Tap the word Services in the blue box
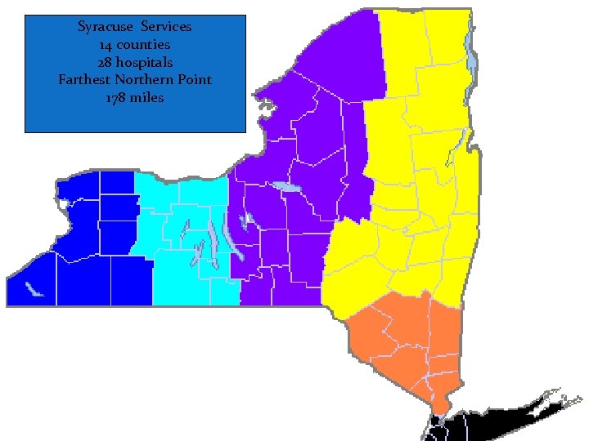click(x=166, y=27)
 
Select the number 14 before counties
click(x=107, y=44)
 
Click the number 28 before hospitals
click(x=106, y=62)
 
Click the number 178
click(x=118, y=98)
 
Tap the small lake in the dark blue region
click(x=34, y=290)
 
